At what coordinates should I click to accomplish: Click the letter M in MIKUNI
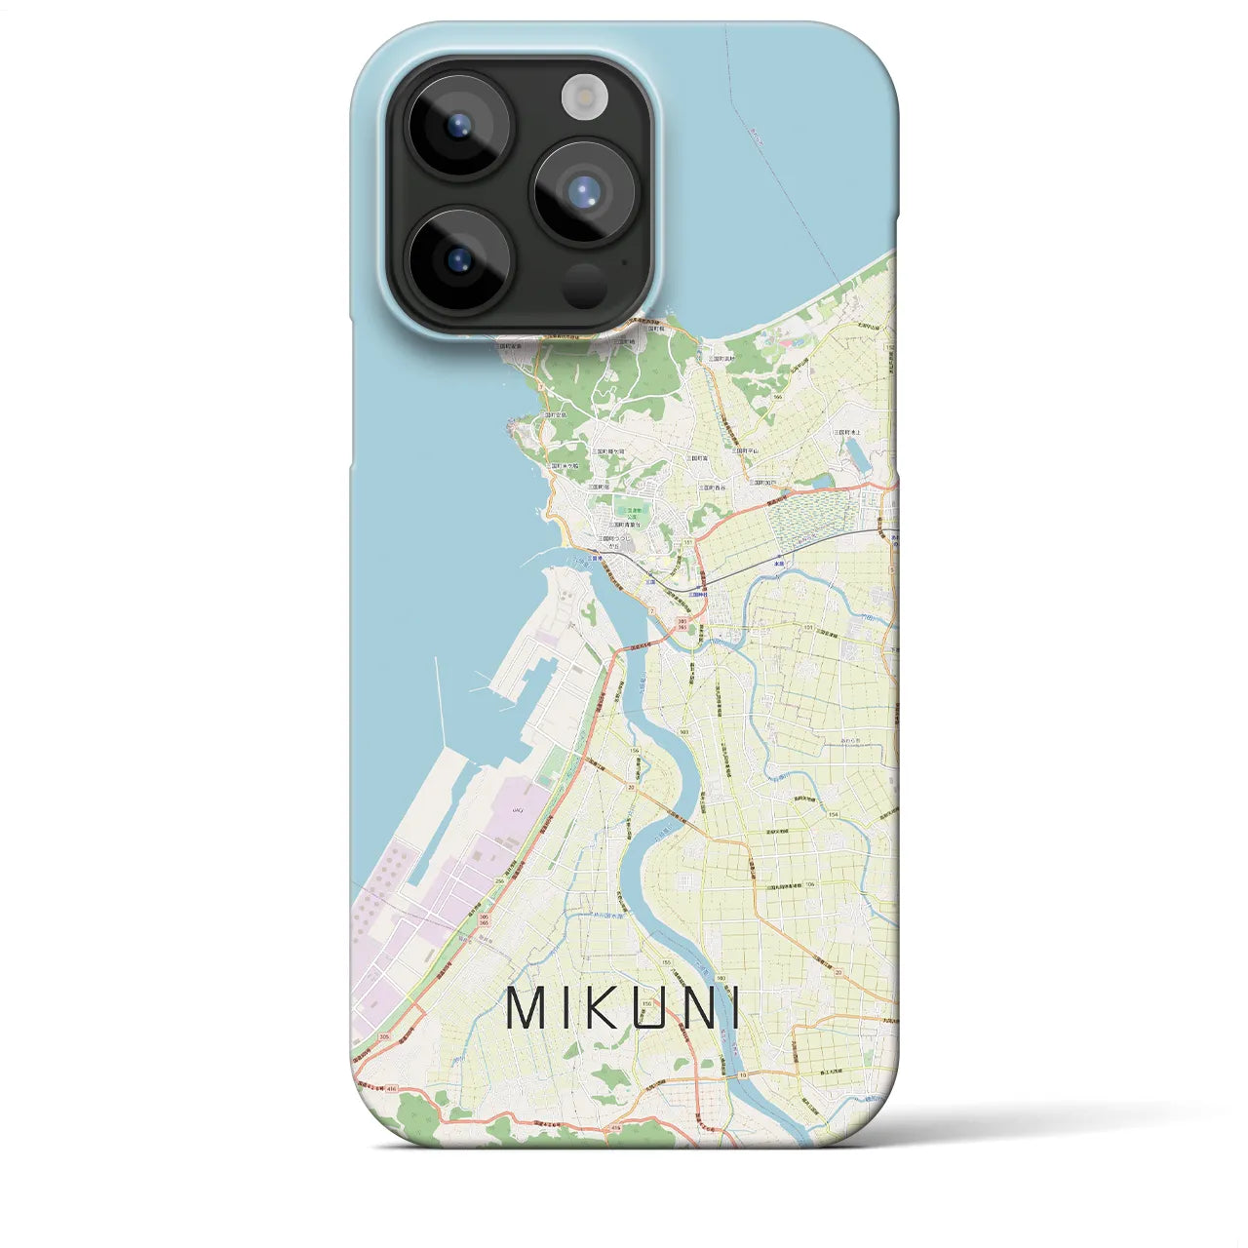(527, 1009)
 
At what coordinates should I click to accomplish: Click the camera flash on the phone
(584, 97)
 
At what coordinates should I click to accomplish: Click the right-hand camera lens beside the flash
(584, 191)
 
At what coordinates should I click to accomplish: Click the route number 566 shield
(777, 398)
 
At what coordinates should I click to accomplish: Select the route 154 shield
(833, 814)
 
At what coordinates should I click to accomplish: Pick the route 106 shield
(809, 884)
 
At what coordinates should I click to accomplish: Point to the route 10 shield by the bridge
(742, 1074)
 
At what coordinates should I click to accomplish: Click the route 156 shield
(634, 751)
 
